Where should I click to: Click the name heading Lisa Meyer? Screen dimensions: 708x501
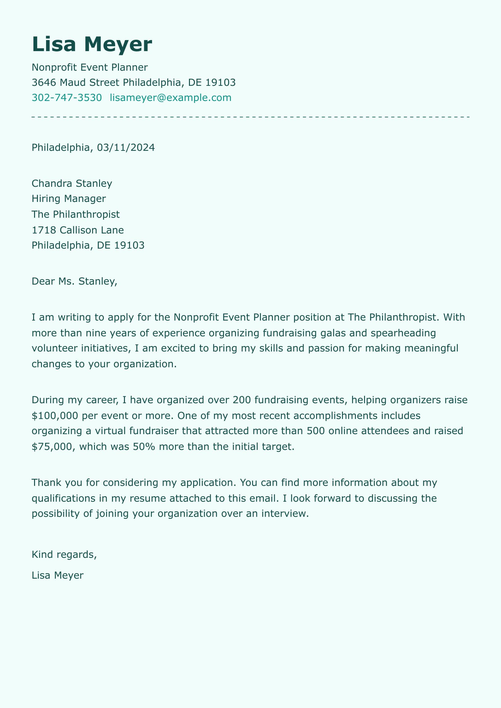tap(92, 44)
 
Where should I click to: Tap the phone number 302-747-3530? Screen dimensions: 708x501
tap(67, 98)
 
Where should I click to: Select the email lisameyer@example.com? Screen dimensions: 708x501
tap(170, 98)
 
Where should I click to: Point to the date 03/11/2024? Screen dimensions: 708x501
tap(126, 148)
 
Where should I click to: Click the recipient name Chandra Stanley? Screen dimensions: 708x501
tap(72, 184)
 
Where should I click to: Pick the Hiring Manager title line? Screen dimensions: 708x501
tap(69, 199)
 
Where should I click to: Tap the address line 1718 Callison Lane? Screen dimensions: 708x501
tap(78, 230)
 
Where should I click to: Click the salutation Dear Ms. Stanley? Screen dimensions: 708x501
tap(74, 281)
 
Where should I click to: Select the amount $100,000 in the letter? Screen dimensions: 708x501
tap(55, 416)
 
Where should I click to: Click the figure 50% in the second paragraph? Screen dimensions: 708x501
tap(144, 446)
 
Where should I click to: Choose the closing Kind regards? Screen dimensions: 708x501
tap(64, 554)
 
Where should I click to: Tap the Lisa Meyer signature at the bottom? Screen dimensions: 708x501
tap(58, 575)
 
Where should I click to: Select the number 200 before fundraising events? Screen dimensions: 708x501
tap(242, 400)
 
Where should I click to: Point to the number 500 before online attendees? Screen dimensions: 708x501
tap(315, 431)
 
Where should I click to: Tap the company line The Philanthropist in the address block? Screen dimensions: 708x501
tap(76, 215)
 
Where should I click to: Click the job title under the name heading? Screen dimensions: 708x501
tap(90, 68)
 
